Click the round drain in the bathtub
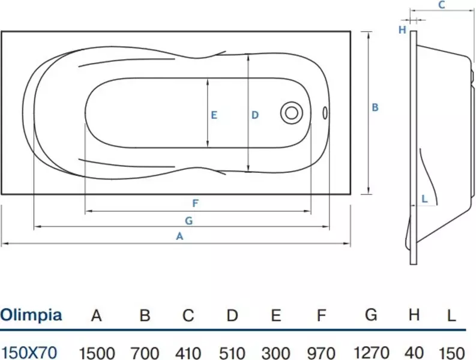click(x=292, y=112)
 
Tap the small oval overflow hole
click(x=325, y=112)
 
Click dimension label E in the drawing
click(x=214, y=115)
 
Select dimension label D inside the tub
click(x=255, y=115)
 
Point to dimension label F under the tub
click(x=195, y=203)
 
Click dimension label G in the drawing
click(x=188, y=220)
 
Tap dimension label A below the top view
click(x=178, y=236)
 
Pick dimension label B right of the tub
click(x=375, y=108)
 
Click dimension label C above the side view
click(x=441, y=5)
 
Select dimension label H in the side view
click(x=403, y=29)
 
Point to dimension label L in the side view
click(x=424, y=198)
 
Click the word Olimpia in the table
click(x=31, y=315)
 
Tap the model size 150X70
click(x=29, y=352)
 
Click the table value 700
click(x=145, y=352)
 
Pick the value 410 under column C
click(x=188, y=352)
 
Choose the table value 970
click(x=322, y=352)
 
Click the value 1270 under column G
click(x=371, y=352)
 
